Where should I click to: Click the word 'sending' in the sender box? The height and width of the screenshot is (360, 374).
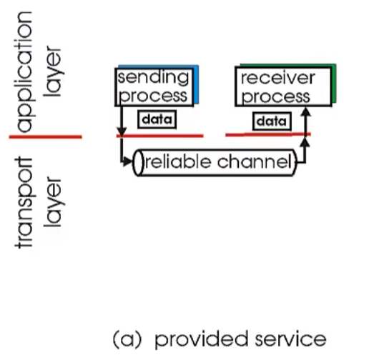(x=153, y=77)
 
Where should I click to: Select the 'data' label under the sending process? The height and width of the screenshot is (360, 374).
(x=154, y=121)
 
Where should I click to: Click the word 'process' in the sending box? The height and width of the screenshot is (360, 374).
(x=153, y=95)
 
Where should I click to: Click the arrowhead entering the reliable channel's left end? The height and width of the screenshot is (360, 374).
(x=132, y=162)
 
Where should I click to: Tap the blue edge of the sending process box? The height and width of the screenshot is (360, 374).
(x=194, y=86)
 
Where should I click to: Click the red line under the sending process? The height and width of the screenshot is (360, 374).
(x=161, y=136)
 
